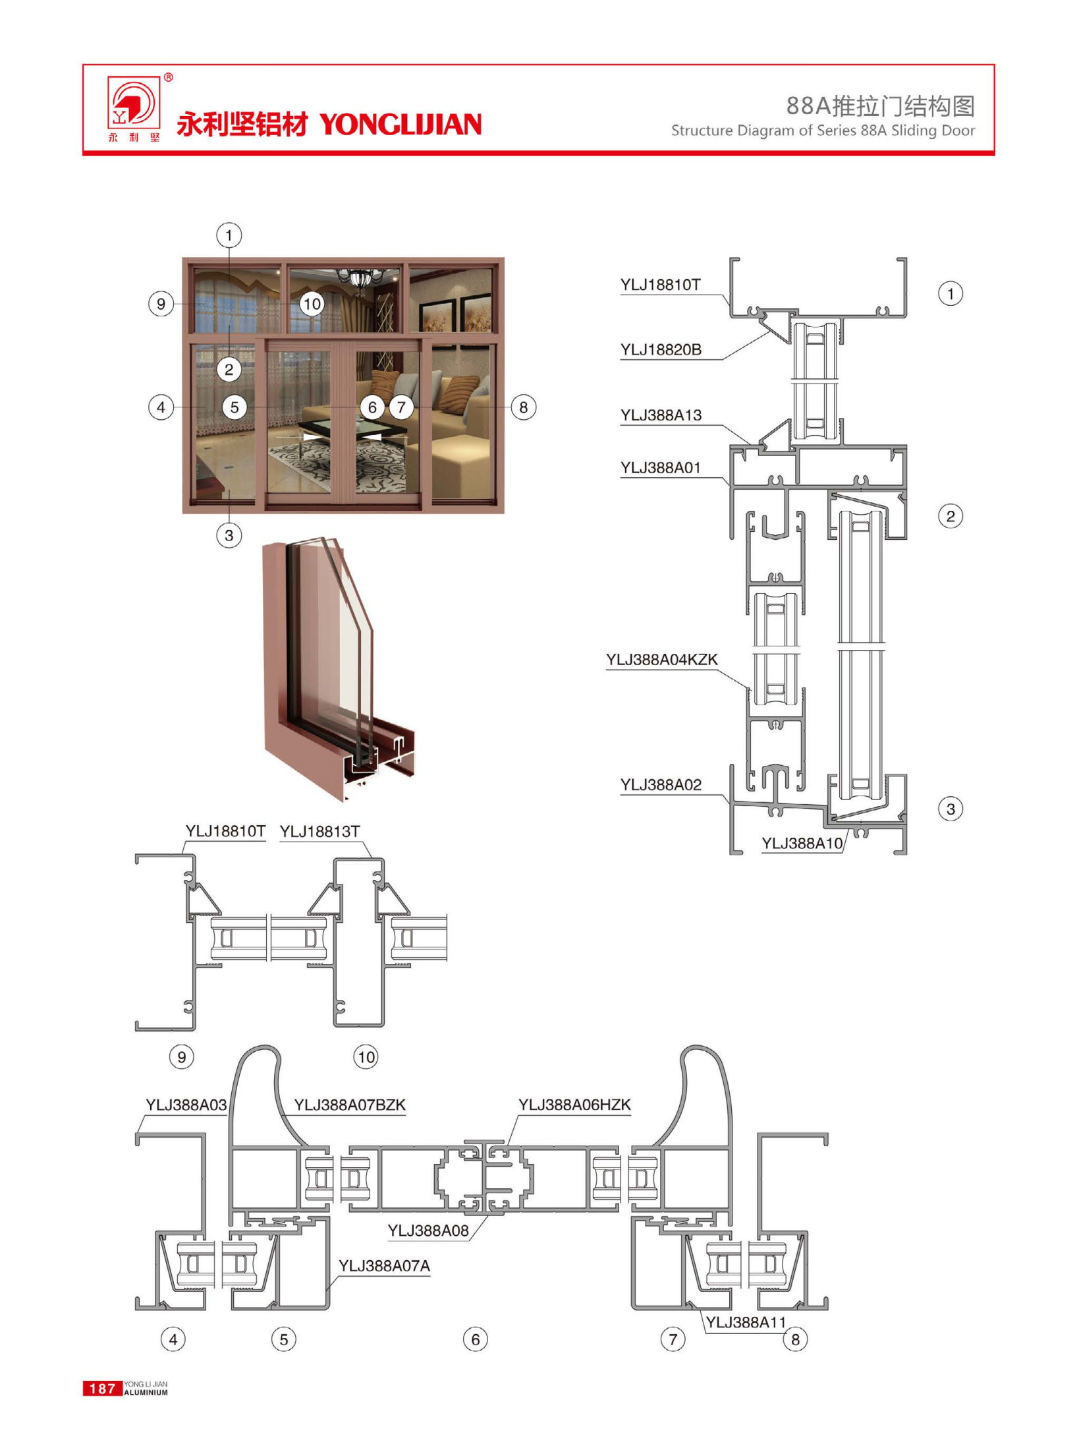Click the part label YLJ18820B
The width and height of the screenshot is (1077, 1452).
[x=661, y=350]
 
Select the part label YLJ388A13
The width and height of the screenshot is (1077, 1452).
[x=661, y=415]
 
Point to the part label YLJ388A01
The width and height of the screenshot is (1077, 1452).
[x=660, y=468]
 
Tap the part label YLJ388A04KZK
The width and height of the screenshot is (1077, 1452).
[x=661, y=660]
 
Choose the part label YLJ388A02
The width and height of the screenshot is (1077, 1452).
[x=661, y=785]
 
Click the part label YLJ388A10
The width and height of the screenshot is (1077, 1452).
[x=802, y=843]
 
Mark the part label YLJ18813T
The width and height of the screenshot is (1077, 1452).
[x=319, y=832]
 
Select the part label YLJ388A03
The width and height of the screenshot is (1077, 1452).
[x=186, y=1105]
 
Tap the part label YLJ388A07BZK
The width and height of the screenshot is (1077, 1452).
[x=349, y=1105]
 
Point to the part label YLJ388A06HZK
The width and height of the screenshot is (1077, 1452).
[x=574, y=1105]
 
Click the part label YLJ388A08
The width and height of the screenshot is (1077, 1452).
[x=428, y=1231]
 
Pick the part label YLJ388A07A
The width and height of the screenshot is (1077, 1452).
[x=384, y=1266]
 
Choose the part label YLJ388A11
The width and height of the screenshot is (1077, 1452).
[x=746, y=1322]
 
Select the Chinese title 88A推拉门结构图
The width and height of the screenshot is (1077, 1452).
[x=880, y=105]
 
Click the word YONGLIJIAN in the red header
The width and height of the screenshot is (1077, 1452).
[x=400, y=125]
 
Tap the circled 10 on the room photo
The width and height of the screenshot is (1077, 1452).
[x=312, y=304]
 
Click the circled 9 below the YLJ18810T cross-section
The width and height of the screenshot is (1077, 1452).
[x=182, y=1057]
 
